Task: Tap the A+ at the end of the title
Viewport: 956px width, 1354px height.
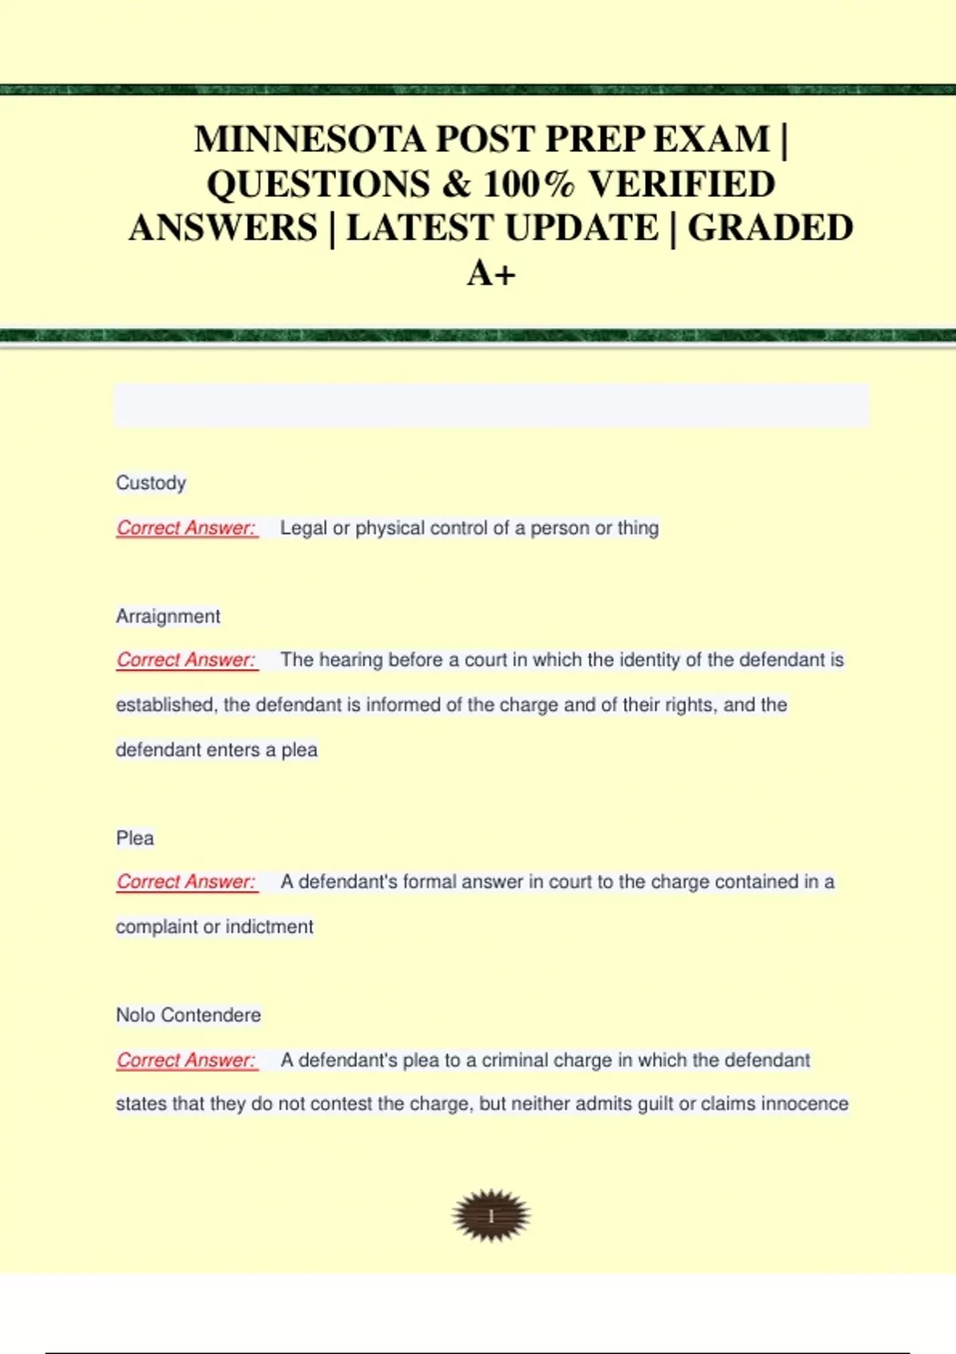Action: point(491,273)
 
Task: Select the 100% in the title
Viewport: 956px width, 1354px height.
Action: point(528,184)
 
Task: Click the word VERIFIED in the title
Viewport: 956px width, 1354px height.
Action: point(681,184)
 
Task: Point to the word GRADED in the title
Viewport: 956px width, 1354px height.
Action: point(770,229)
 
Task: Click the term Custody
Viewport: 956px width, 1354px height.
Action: point(151,483)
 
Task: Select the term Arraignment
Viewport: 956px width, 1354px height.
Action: point(168,616)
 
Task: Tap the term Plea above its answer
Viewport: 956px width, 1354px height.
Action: point(135,838)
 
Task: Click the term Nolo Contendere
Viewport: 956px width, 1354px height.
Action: point(188,1015)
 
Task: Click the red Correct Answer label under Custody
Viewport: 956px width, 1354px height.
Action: point(186,528)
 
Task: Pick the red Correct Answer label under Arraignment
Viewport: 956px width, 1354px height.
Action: point(186,660)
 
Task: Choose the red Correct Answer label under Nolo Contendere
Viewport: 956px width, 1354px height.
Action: point(186,1060)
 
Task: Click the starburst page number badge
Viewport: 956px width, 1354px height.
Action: point(491,1215)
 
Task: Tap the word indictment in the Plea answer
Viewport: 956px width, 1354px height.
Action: point(269,927)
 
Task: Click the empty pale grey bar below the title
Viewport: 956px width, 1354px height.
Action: point(491,405)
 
